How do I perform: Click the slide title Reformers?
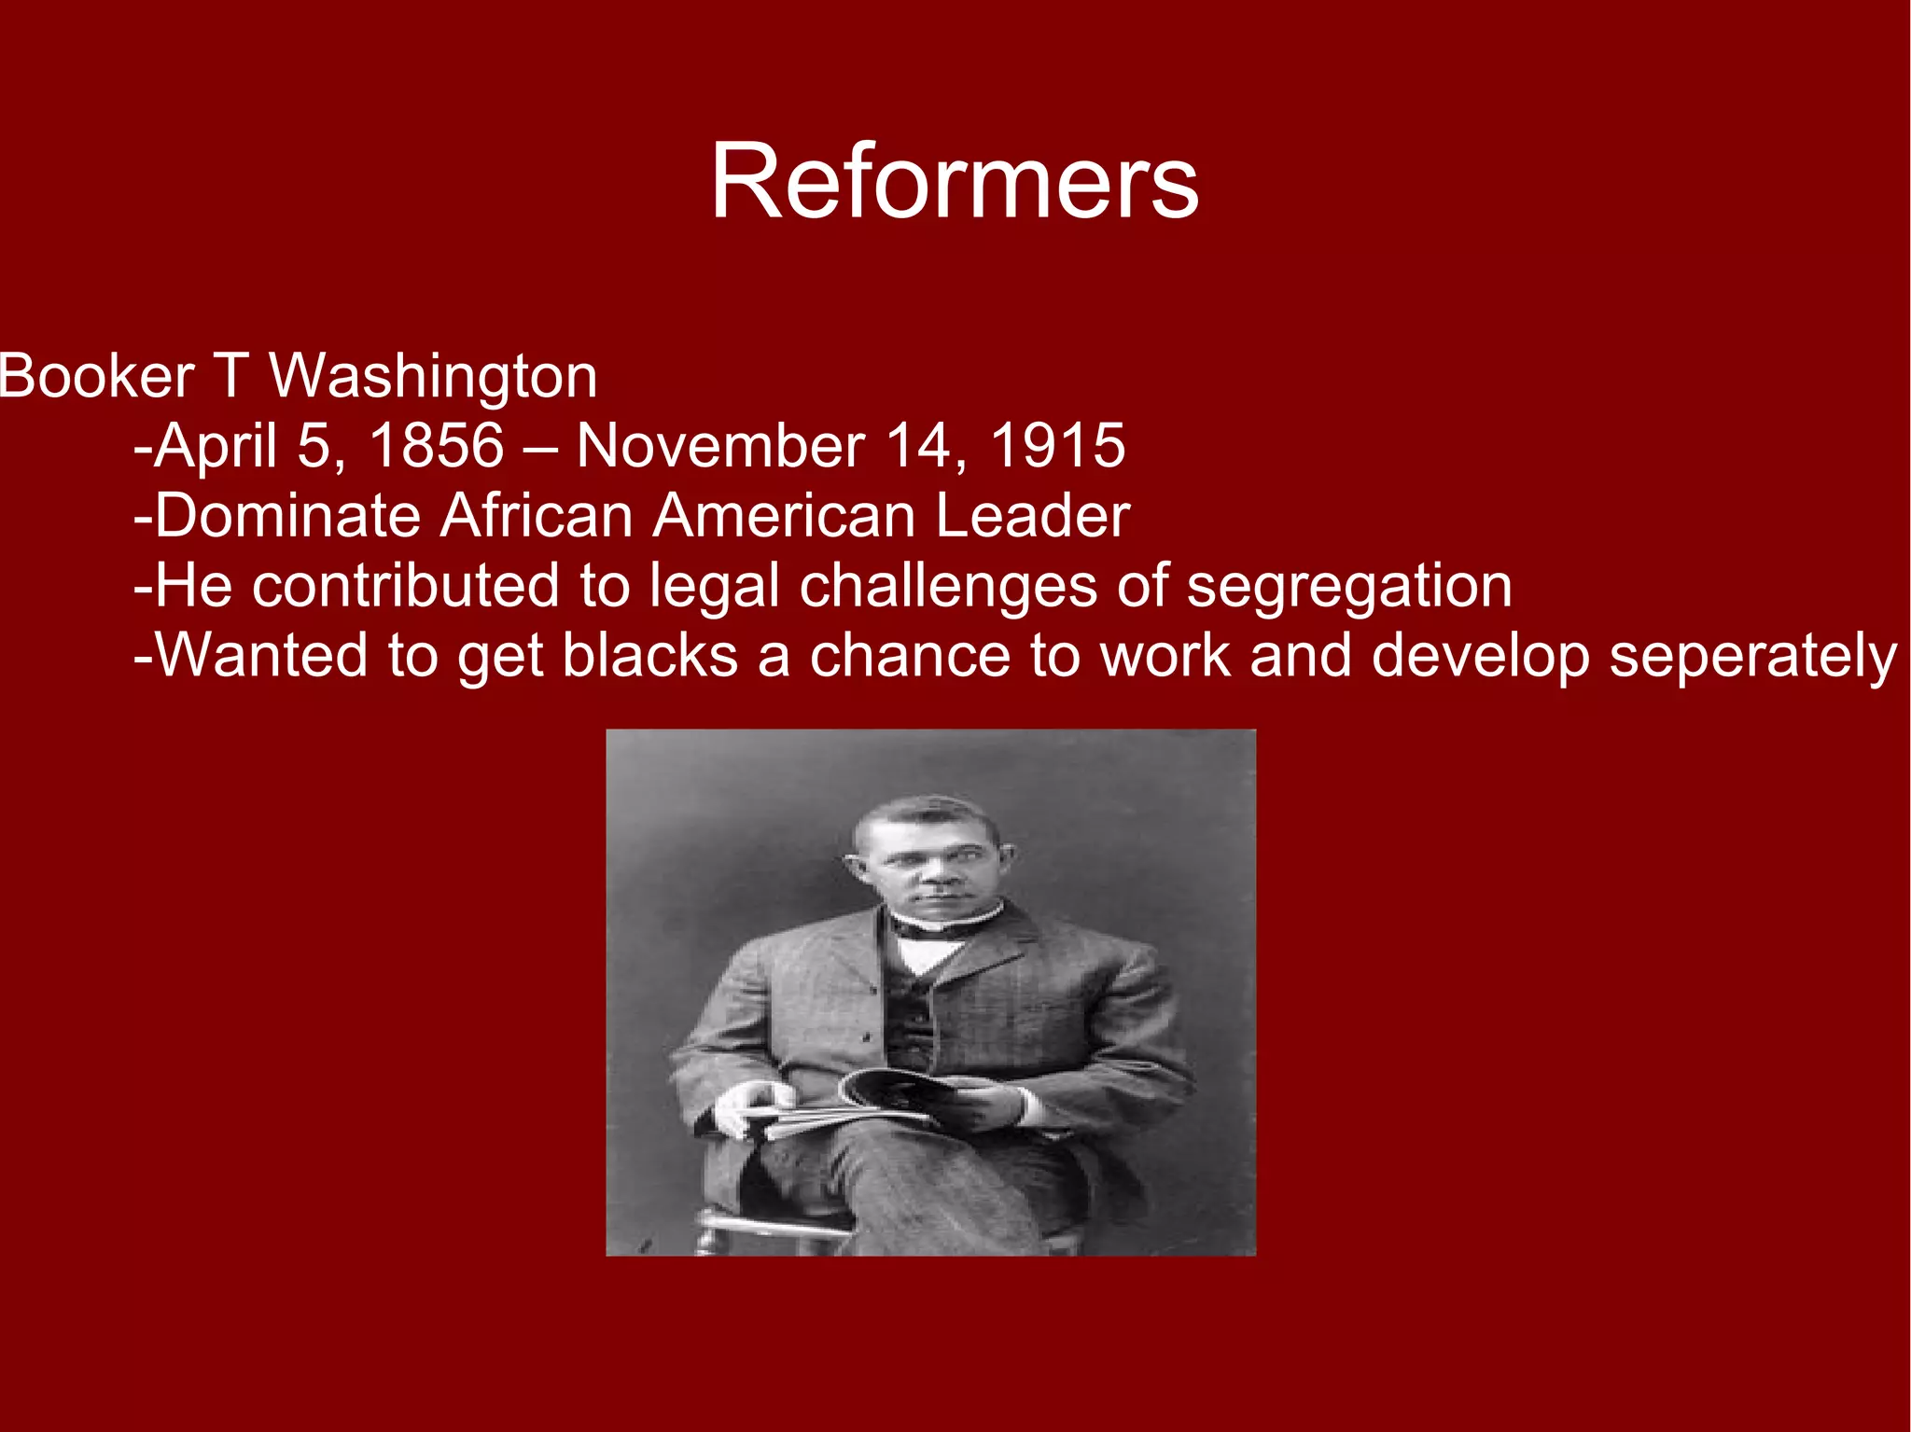point(954,182)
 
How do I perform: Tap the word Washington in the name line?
point(433,377)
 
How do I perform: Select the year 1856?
point(437,446)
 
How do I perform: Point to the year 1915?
point(1056,446)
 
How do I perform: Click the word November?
point(720,446)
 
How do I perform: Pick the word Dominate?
point(287,516)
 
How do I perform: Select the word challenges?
point(948,587)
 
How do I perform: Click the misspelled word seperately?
point(1752,657)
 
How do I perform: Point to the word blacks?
point(650,656)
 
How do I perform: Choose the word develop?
point(1480,657)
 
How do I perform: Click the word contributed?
point(405,586)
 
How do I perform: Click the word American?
point(784,516)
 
